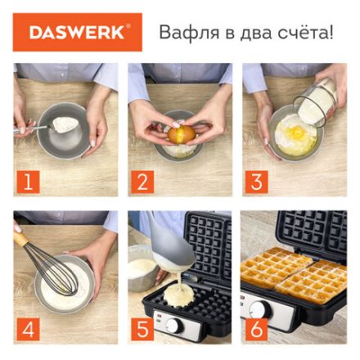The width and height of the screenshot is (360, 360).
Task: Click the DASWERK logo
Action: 77,33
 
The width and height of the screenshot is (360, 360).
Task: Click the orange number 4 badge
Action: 27,330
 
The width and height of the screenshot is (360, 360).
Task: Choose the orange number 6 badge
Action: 256,330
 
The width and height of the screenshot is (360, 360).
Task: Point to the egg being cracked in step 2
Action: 182,133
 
